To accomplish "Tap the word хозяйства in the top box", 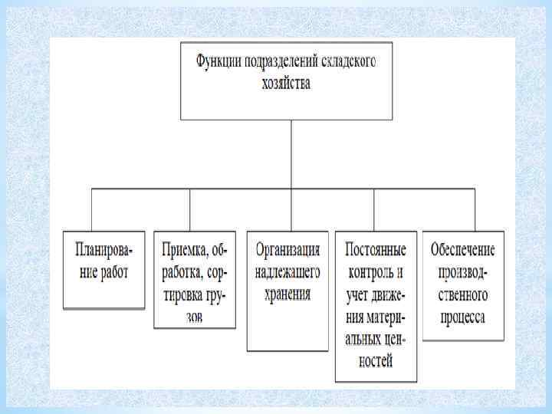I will tap(285, 83).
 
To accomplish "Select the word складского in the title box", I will tap(344, 62).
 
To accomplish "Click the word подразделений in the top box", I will tap(278, 62).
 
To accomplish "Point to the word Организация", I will tap(288, 250).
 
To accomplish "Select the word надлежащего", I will tap(288, 272).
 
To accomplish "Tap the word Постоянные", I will tap(376, 250).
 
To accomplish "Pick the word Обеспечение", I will tap(463, 250).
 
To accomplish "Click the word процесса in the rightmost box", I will tap(463, 317).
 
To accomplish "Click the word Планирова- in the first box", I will tap(103, 250).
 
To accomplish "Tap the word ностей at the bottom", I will tap(376, 360).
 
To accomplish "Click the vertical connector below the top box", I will tap(291, 153).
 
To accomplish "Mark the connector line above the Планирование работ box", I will tap(93, 209).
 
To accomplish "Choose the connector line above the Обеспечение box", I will tap(475, 209).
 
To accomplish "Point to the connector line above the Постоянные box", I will tap(374, 209).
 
